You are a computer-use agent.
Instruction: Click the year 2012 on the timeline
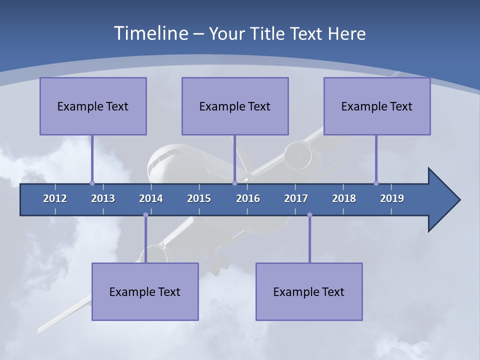coord(55,198)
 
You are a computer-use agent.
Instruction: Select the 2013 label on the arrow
coord(103,198)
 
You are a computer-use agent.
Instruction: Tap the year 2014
coord(151,198)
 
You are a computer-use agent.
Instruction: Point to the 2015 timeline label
coord(199,198)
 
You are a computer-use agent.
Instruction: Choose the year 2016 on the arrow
coord(248,198)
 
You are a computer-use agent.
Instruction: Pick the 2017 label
coord(296,198)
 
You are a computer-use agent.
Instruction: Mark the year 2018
coord(344,198)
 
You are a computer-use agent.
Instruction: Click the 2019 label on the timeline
coord(392,198)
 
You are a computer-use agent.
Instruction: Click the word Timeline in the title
coord(150,33)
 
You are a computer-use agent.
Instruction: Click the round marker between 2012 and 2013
coord(92,183)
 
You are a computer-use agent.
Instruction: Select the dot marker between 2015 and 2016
coord(234,183)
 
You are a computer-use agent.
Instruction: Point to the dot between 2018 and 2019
coord(376,183)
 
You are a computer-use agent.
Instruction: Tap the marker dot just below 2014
coord(145,215)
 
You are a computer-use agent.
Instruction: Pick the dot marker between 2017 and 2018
coord(309,215)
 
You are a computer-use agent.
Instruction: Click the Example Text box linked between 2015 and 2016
coord(235,106)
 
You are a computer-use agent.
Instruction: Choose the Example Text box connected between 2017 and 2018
coord(309,291)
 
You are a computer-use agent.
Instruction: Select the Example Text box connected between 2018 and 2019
coord(377,106)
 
